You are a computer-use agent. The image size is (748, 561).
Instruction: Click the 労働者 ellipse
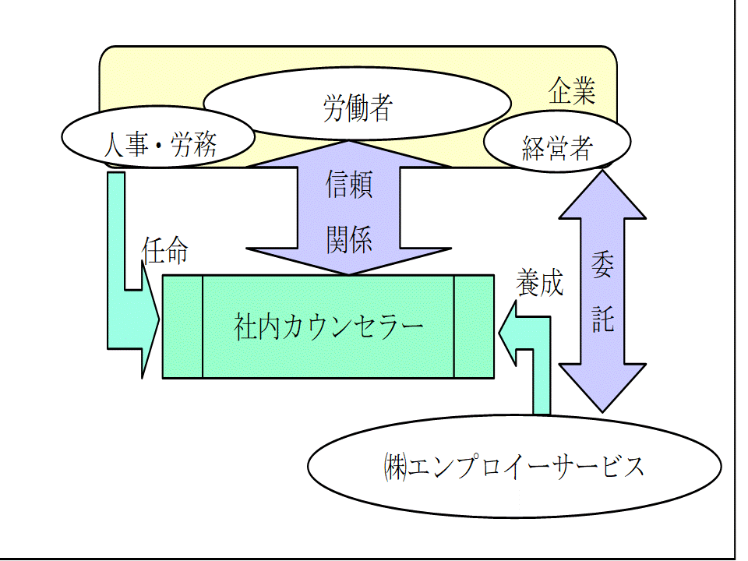click(357, 108)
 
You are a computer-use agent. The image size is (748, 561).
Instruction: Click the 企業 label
click(572, 91)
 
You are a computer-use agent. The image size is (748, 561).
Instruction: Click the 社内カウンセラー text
click(328, 326)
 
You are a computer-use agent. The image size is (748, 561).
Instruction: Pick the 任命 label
click(164, 250)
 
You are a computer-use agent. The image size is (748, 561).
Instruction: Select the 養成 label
click(538, 283)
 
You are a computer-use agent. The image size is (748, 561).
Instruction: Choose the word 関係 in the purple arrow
click(348, 238)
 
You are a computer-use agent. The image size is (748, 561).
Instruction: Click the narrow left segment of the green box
click(182, 326)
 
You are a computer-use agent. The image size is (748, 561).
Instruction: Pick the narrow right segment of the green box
click(474, 326)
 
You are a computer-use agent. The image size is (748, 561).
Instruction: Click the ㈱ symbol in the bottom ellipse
click(394, 467)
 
